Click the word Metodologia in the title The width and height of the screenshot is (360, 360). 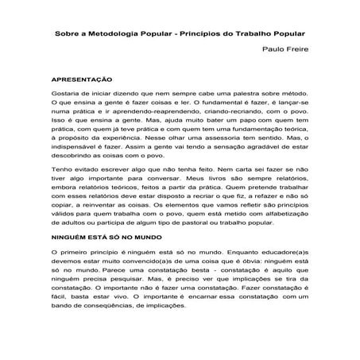tap(106, 34)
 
